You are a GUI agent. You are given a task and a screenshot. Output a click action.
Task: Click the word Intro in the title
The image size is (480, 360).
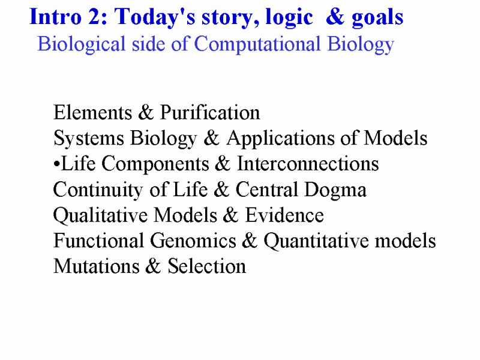tap(56, 17)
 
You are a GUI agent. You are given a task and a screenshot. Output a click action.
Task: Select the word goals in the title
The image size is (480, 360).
tap(377, 19)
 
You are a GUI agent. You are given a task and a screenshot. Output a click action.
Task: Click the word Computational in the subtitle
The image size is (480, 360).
tap(257, 44)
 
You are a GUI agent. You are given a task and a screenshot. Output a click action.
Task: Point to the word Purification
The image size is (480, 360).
tap(210, 112)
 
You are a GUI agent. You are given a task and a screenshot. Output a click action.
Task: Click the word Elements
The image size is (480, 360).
tap(93, 112)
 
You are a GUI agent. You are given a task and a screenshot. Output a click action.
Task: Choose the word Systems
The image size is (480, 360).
tap(89, 139)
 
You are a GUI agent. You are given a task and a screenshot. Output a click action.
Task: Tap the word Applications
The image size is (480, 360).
tap(280, 139)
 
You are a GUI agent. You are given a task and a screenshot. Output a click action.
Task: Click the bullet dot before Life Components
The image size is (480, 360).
tap(56, 164)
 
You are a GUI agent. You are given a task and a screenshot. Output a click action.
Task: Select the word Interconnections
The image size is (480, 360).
tap(308, 163)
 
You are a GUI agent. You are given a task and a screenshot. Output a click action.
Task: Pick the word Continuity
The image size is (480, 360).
tap(98, 190)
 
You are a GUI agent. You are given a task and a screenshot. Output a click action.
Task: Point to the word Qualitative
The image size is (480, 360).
tap(100, 215)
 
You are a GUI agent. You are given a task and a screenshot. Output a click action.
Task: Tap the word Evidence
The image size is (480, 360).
tap(284, 215)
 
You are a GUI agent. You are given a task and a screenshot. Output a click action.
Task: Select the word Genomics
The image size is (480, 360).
tap(193, 241)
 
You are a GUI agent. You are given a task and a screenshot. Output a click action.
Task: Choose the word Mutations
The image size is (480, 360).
tap(97, 266)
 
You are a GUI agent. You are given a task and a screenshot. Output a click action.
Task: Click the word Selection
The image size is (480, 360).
tap(206, 266)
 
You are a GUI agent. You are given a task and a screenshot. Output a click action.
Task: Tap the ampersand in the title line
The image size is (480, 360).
tap(335, 17)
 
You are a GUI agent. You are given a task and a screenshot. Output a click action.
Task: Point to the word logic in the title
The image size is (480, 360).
tap(289, 19)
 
